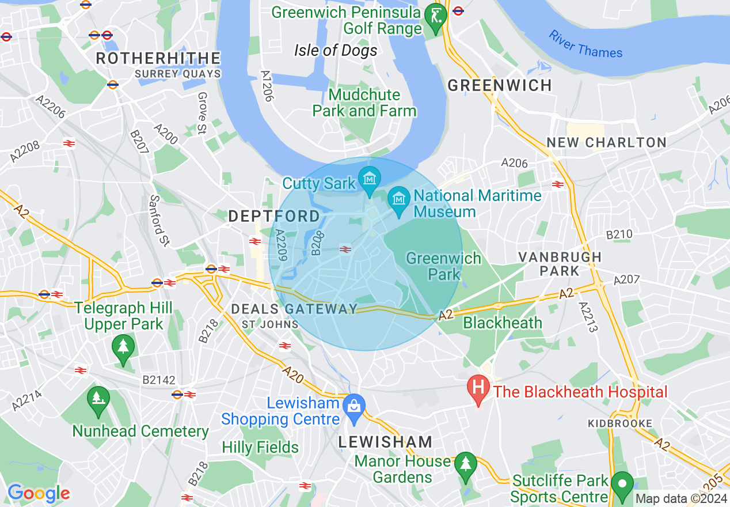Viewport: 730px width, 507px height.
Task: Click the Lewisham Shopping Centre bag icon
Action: (353, 405)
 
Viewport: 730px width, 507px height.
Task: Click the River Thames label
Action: (585, 44)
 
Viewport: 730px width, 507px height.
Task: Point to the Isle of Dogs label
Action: (336, 50)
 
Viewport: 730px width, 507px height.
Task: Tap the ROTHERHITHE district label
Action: (158, 58)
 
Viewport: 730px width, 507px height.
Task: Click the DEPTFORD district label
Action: (274, 216)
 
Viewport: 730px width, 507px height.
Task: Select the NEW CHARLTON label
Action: (606, 142)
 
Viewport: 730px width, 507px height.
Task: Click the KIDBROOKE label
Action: (620, 423)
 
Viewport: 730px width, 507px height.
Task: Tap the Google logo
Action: (39, 493)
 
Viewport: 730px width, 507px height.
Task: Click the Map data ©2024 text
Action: (681, 498)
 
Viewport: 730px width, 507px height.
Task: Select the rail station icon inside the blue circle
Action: (345, 249)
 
